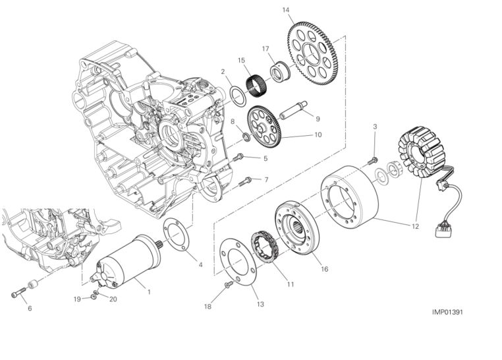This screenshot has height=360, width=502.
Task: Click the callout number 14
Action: (285, 10)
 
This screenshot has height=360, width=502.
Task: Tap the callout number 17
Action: (265, 48)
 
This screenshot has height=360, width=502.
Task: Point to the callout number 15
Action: (241, 59)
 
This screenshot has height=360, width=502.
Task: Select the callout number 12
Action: (415, 226)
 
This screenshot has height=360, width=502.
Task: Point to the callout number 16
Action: (324, 269)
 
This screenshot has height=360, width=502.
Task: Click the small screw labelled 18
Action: (228, 284)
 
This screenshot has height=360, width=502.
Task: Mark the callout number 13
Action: (260, 304)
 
